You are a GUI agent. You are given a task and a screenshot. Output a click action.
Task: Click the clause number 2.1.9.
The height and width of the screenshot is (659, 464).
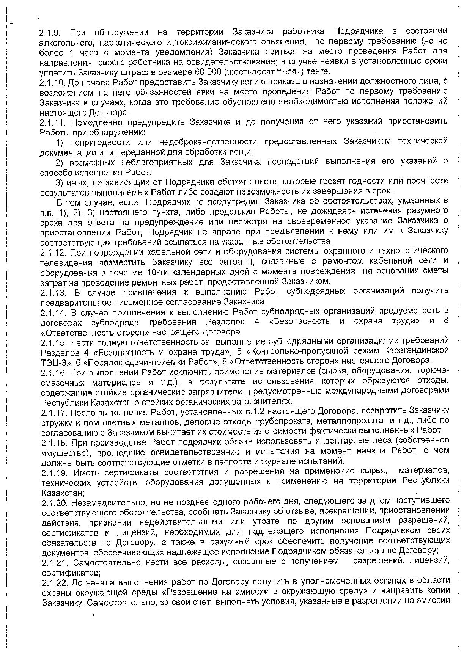(52, 31)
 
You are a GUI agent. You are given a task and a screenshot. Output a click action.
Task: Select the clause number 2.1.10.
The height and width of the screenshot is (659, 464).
(53, 82)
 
